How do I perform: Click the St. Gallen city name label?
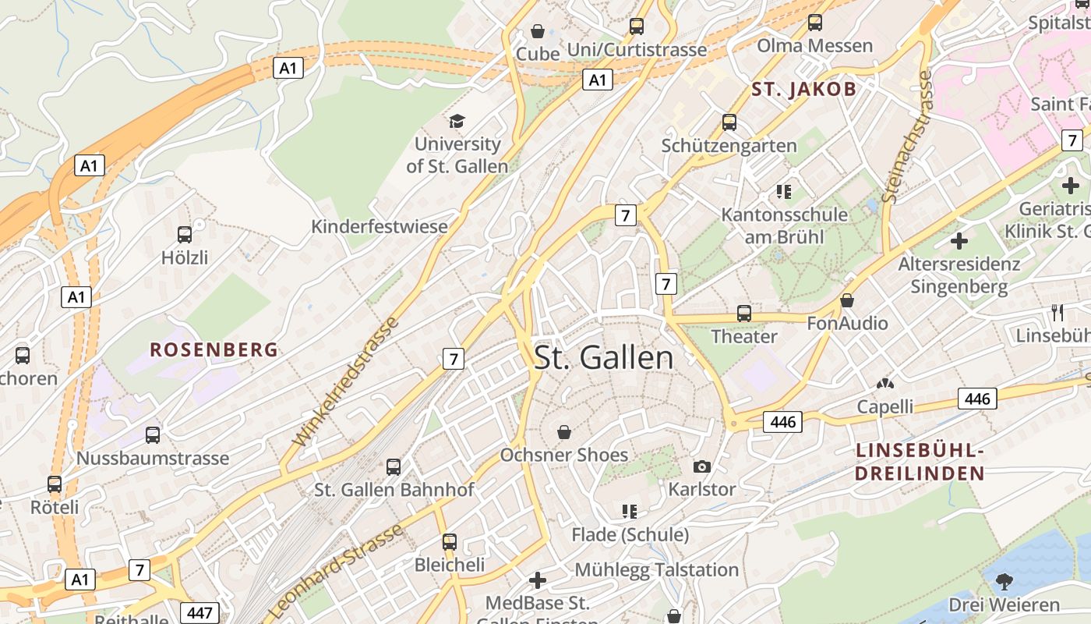604,357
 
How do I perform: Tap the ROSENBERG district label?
214,349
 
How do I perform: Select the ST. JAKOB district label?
803,89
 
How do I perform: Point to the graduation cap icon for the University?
457,121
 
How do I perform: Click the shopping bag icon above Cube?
538,31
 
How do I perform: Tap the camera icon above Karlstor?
702,466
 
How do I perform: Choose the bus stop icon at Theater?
744,314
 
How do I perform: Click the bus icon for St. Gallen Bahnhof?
394,467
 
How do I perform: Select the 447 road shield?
199,613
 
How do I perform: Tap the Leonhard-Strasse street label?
337,572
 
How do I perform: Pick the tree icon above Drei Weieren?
1004,581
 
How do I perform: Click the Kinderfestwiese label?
380,227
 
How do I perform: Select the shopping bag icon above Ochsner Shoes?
564,431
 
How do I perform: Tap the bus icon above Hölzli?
185,234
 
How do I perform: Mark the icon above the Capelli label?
885,384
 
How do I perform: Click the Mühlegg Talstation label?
656,570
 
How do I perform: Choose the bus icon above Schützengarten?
729,122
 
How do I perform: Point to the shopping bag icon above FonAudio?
847,300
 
